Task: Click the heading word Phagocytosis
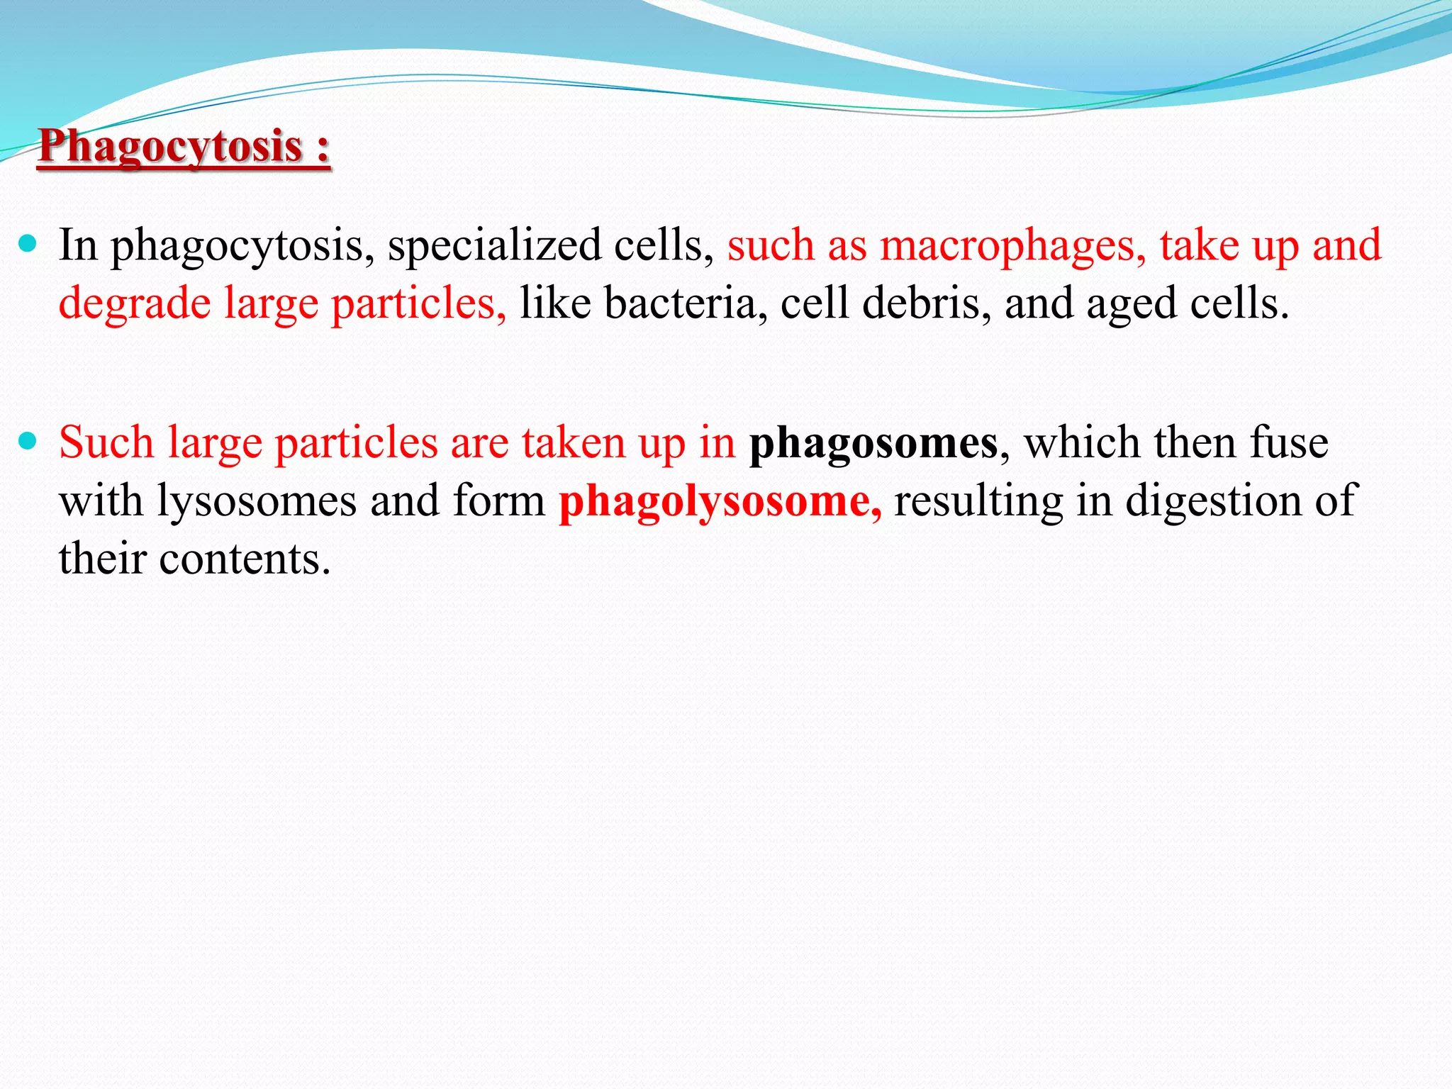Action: [x=170, y=147]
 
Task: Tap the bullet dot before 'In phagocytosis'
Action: [x=28, y=245]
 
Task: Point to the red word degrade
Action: [x=135, y=303]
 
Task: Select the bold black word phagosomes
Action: [x=873, y=444]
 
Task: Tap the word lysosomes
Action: [x=257, y=502]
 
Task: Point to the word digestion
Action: [x=1214, y=502]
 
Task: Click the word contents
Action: [x=245, y=559]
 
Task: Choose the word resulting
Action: [x=978, y=502]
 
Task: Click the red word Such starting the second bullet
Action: [x=106, y=442]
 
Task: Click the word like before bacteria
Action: [x=555, y=303]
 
